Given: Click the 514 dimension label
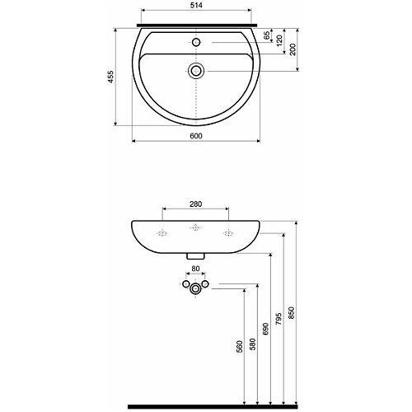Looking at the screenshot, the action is click(x=196, y=6).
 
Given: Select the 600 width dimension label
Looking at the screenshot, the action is click(x=196, y=136).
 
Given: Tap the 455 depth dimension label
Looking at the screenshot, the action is click(x=110, y=77).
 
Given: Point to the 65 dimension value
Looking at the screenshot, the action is click(x=266, y=35).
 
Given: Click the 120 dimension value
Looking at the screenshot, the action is click(x=279, y=41).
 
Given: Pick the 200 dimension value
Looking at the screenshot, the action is click(x=293, y=49).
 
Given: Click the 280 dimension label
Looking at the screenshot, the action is click(x=195, y=204).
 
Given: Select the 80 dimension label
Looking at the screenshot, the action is click(x=195, y=269).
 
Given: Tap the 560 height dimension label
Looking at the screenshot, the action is click(x=240, y=347).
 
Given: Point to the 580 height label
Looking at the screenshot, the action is click(x=253, y=344).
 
